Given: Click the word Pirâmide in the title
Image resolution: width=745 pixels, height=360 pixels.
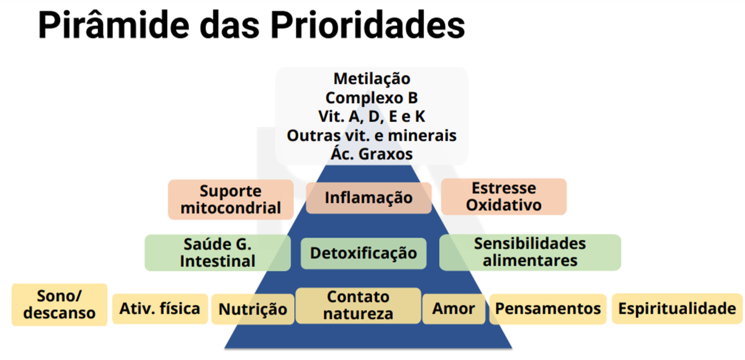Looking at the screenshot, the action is coord(114,25).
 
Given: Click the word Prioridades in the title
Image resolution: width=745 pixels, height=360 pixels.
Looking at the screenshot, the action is coord(367,25).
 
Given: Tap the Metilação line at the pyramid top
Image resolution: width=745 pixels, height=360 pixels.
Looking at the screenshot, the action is coord(372,79).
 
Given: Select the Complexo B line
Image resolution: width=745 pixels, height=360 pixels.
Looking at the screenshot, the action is coord(371,98).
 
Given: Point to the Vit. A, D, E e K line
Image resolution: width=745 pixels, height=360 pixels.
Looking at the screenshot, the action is coord(371,117).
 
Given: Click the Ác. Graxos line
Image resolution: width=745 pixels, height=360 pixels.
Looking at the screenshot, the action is coord(371,153).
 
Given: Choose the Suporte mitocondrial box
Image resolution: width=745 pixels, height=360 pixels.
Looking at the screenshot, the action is coord(231,199).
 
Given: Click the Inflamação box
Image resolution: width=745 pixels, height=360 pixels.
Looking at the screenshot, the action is coord(369,197).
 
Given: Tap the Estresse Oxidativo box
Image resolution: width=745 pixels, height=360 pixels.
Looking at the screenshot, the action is coord(504,196).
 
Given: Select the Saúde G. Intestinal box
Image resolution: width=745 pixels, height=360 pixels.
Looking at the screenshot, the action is coord(218,253).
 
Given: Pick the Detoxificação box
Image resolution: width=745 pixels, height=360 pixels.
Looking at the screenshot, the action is coord(363,253).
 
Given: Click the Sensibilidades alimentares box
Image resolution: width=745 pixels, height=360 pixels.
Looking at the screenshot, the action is coord(530,252).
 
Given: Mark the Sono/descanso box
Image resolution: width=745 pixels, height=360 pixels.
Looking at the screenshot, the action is coord(60,304).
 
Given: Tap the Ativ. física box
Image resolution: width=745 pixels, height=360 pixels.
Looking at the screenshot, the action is coord(160,309).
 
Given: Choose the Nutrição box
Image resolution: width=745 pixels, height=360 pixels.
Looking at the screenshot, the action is coord(253,309).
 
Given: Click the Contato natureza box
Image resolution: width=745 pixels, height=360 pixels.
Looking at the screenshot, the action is coord(358,305).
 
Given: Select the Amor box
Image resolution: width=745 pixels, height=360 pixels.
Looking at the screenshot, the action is coord(454,309).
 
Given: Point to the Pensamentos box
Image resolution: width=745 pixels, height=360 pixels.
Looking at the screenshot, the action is coord(548,309).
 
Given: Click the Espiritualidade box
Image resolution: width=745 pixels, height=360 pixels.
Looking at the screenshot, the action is coord(677,308).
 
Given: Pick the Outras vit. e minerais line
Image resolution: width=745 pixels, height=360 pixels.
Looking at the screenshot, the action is coord(371,135).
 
